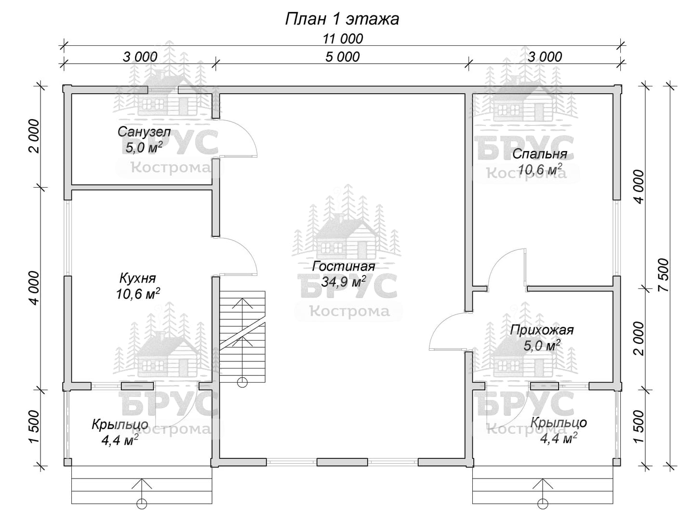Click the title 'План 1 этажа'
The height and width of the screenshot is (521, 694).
point(342,19)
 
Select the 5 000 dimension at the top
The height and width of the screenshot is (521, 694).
point(342,57)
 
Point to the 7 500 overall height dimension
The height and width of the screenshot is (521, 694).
point(664,275)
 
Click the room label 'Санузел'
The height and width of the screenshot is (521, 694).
point(144,132)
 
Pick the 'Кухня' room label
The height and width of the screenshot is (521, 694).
point(137,278)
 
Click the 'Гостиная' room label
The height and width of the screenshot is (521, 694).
point(343,266)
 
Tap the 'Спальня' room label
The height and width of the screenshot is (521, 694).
point(539,154)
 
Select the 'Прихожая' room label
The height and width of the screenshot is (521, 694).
point(542,330)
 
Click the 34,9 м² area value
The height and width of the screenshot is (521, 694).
point(343,282)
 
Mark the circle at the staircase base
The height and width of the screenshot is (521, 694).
point(242,382)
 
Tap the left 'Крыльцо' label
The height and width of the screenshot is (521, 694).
point(120,425)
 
